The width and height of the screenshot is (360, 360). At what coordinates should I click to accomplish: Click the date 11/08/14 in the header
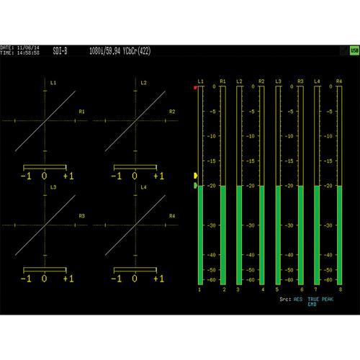tap(27, 48)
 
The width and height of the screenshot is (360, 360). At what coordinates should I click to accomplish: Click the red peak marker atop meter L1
tap(195, 87)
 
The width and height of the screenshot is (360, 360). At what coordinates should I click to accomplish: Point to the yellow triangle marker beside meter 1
tap(195, 175)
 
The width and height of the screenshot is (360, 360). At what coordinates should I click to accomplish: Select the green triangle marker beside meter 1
tap(195, 185)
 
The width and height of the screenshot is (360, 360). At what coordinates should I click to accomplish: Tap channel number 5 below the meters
tap(277, 289)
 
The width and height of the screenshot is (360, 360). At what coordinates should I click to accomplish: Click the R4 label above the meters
tap(339, 81)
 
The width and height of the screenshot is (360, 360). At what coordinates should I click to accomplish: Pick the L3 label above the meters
tap(279, 81)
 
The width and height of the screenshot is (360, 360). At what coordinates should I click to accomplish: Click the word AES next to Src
tap(297, 297)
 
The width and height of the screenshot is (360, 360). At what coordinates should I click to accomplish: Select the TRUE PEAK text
tap(322, 297)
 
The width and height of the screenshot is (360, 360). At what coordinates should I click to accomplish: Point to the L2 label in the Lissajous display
tap(143, 84)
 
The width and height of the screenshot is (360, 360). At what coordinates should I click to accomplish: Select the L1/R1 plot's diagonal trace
tap(45, 120)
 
